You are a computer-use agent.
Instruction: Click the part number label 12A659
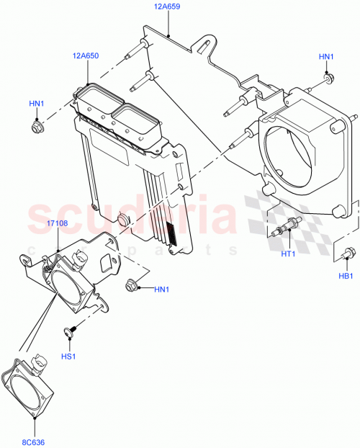click(168, 6)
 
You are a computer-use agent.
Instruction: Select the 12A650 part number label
click(86, 55)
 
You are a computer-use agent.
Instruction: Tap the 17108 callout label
click(58, 224)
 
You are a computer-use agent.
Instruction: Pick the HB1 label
click(346, 276)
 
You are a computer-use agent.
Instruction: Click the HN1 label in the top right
click(327, 56)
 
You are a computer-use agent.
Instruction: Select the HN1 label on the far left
click(37, 104)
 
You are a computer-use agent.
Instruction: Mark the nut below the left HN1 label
click(37, 128)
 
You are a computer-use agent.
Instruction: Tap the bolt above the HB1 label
click(348, 253)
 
